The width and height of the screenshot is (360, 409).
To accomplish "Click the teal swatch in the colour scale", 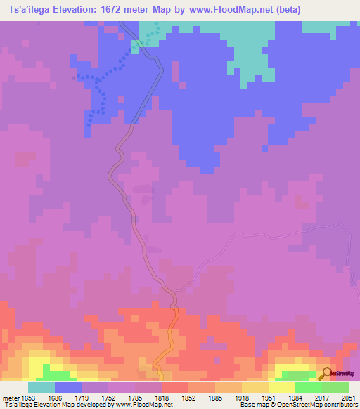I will [x=41, y=387].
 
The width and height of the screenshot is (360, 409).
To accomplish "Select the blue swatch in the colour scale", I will [x=68, y=387].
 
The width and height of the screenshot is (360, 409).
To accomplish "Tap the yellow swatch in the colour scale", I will [x=255, y=387].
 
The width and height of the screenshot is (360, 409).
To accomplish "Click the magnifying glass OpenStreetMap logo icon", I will [x=325, y=374].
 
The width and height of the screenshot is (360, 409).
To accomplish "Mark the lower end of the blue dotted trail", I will [x=89, y=124].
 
